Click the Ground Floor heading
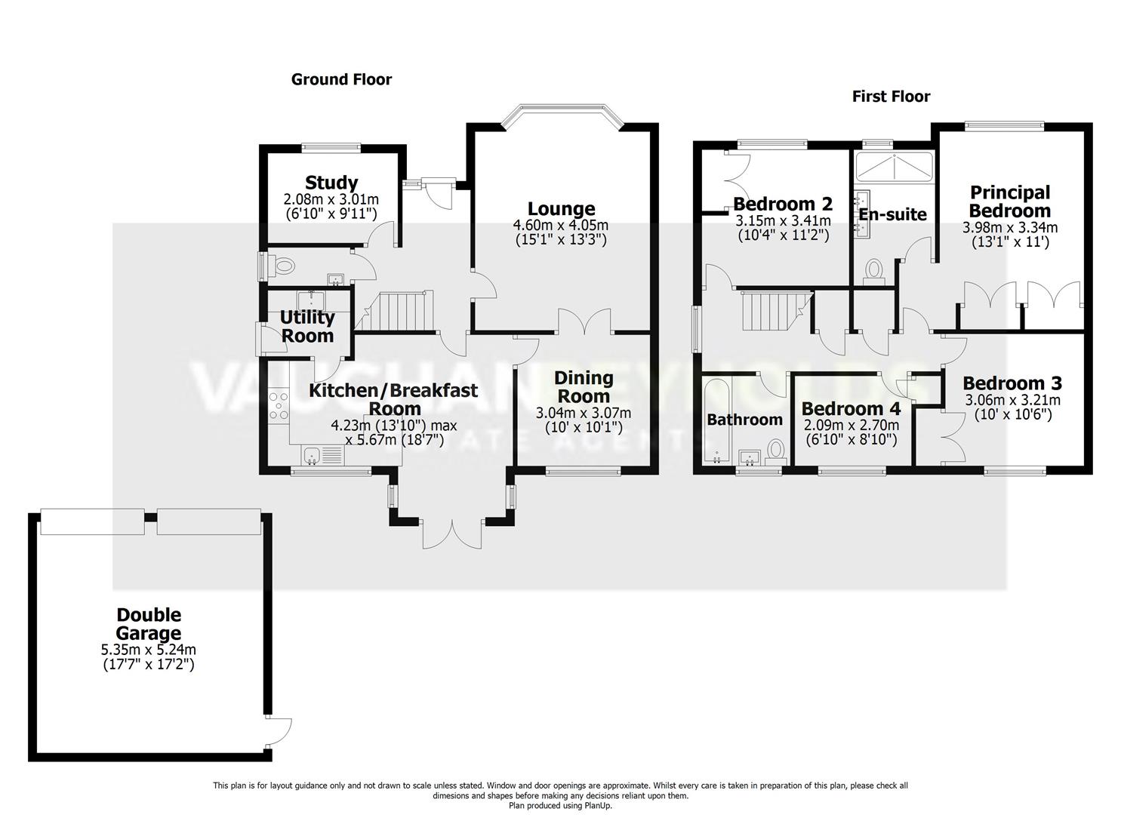point(341,79)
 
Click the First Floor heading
point(891,96)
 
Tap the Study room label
point(331,183)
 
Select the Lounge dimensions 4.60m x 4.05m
point(561,225)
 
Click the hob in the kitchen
point(279,405)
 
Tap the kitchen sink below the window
point(313,455)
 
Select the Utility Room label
point(307,326)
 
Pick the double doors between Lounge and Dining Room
point(584,322)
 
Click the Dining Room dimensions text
point(583,420)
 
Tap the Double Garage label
point(148,624)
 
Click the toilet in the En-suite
point(874,270)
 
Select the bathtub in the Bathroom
point(712,420)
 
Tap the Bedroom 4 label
point(851,408)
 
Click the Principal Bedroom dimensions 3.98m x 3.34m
point(1009,227)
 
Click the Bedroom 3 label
point(1012,383)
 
